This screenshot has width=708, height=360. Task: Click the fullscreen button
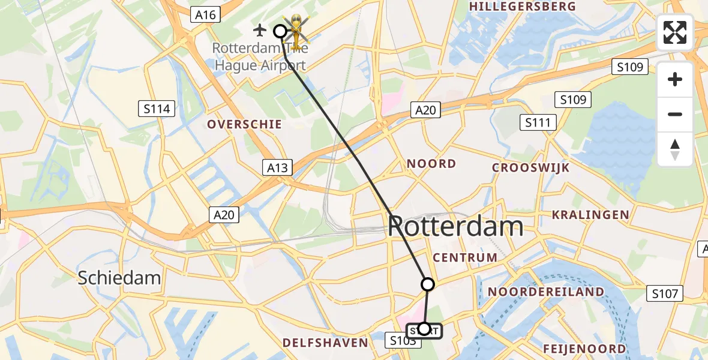675,32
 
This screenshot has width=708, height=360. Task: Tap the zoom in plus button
675,79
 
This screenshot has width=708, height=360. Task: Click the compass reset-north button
675,149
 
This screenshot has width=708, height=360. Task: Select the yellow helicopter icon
295,28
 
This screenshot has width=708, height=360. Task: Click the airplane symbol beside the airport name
260,29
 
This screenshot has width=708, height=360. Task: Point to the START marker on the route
424,329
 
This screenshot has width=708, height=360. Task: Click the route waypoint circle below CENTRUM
428,284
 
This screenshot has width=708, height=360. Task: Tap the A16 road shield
206,14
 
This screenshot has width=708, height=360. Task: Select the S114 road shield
157,109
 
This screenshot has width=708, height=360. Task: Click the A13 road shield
277,168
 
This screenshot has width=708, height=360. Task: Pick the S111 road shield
538,123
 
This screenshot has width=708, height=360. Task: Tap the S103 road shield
401,341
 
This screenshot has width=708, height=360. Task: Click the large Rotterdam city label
455,227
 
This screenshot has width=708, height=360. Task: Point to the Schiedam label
120,277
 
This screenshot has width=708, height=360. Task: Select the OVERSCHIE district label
244,124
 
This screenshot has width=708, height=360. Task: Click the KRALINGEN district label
590,215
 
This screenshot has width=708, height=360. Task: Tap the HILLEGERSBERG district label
524,7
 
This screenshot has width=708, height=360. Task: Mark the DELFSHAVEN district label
325,343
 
